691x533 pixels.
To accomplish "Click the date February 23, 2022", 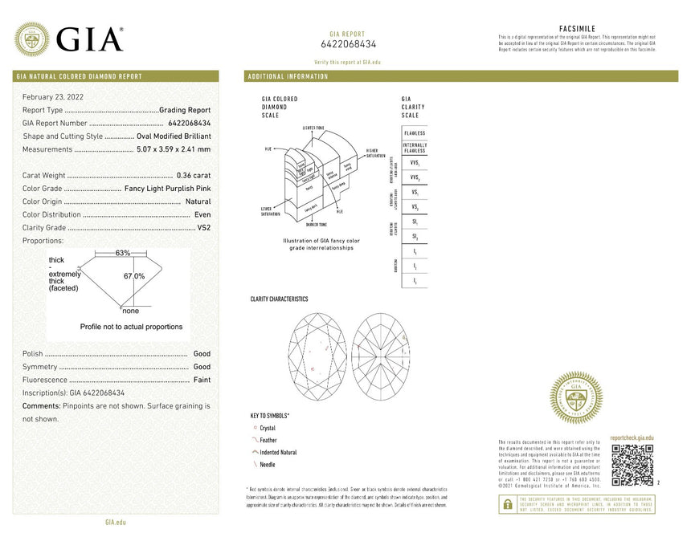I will point(53,96).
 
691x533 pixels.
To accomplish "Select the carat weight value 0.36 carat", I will point(194,175).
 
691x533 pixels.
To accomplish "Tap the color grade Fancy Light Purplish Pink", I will point(168,189).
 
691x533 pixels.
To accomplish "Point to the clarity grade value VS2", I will point(203,228).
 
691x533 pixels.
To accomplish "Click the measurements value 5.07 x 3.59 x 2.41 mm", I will point(174,149).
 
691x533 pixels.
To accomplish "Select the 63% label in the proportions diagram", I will point(122,253).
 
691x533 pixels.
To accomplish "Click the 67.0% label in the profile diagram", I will point(133,276).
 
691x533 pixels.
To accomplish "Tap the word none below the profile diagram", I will point(130,311).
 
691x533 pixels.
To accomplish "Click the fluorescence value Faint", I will point(202,380).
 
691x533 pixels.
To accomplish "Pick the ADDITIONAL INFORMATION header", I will point(288,76).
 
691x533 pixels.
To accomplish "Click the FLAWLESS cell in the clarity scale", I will point(415,132).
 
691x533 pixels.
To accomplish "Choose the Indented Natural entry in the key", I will point(277,453).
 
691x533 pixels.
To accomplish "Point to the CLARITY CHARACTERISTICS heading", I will point(279,299).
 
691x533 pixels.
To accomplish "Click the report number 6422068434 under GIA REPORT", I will point(348,44).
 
